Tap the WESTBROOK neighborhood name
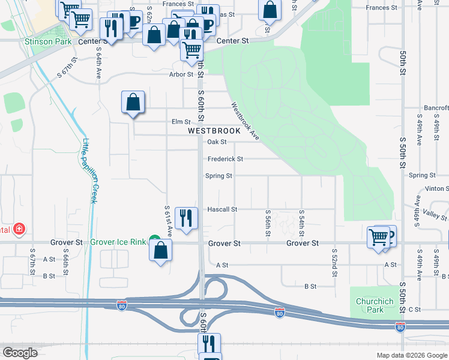click(214, 130)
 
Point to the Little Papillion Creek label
click(89, 171)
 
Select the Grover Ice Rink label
click(118, 242)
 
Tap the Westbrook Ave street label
click(246, 121)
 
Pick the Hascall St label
click(222, 209)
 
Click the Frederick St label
click(225, 159)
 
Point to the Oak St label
click(216, 142)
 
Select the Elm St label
click(181, 122)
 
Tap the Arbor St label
click(181, 75)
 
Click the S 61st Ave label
click(169, 220)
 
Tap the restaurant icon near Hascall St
click(186, 218)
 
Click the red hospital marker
click(19, 229)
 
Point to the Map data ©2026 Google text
click(411, 355)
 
